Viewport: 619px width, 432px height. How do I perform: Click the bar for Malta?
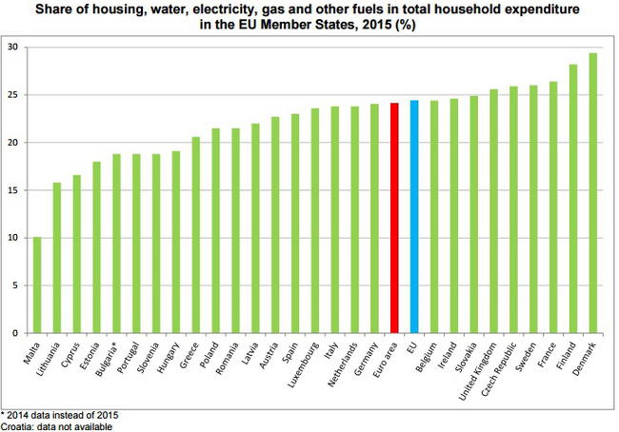(37, 285)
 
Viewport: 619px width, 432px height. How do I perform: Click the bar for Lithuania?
(57, 258)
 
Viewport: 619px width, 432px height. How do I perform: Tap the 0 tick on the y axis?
(14, 333)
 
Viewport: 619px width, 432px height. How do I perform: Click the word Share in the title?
(91, 10)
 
